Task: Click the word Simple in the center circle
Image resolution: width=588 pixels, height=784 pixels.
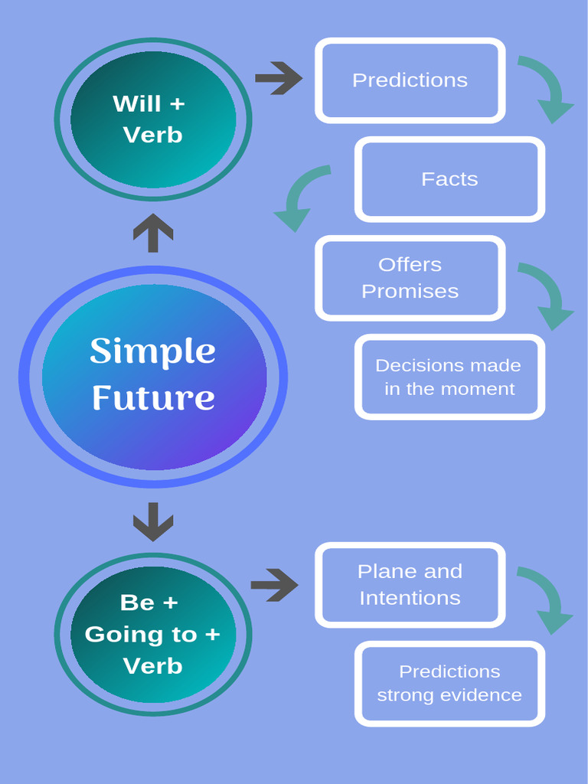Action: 152,351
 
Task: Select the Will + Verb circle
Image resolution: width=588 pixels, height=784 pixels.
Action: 153,119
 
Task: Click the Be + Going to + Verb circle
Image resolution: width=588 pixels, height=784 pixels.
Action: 153,634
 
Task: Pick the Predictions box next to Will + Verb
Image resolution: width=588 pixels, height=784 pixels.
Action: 410,80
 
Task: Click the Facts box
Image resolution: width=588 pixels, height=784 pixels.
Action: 449,179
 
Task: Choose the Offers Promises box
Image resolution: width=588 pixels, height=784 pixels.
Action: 410,278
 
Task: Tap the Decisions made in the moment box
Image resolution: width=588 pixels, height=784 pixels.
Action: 449,377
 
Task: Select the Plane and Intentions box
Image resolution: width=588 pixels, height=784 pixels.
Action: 410,584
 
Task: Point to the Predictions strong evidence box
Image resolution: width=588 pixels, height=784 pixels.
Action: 449,683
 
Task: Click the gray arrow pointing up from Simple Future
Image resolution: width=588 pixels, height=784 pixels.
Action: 153,233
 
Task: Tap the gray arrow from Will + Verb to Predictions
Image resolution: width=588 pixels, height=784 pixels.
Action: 279,78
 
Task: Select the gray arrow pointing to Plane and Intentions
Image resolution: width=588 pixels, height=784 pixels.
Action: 274,585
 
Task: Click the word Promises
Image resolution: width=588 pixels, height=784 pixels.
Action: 410,292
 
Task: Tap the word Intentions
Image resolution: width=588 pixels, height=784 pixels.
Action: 410,598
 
